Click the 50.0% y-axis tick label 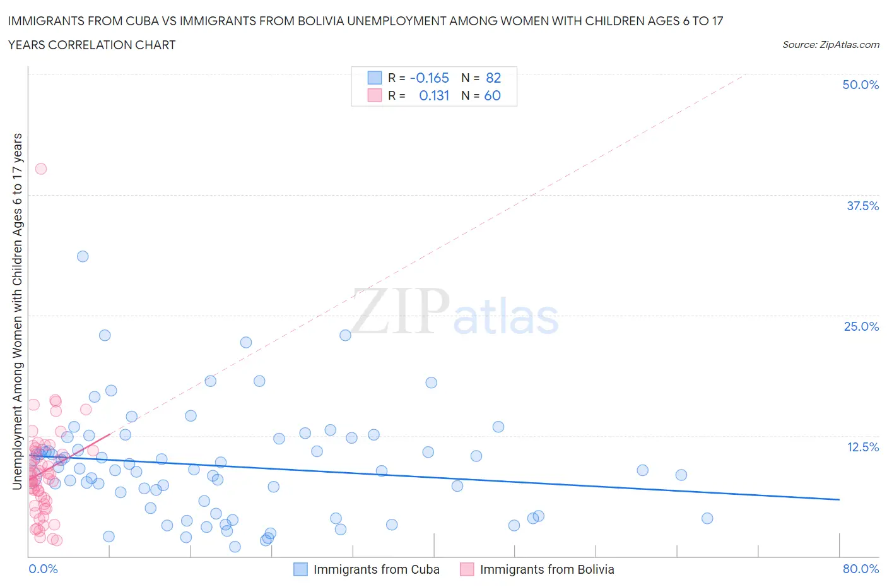click(x=861, y=85)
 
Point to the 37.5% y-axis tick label click(x=862, y=206)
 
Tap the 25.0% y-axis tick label click(x=861, y=326)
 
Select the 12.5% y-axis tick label click(x=862, y=447)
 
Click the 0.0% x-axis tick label click(x=43, y=569)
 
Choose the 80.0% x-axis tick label click(x=861, y=569)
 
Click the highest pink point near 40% click(x=41, y=169)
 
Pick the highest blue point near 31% click(x=83, y=256)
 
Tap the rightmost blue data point click(x=707, y=518)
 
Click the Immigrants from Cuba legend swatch click(x=300, y=569)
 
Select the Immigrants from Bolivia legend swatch click(x=467, y=569)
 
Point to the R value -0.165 click(x=429, y=78)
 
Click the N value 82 click(x=493, y=78)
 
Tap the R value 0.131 click(x=434, y=95)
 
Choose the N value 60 click(x=492, y=95)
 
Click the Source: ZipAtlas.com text click(x=830, y=44)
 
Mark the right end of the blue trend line click(x=839, y=499)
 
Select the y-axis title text click(x=17, y=312)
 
